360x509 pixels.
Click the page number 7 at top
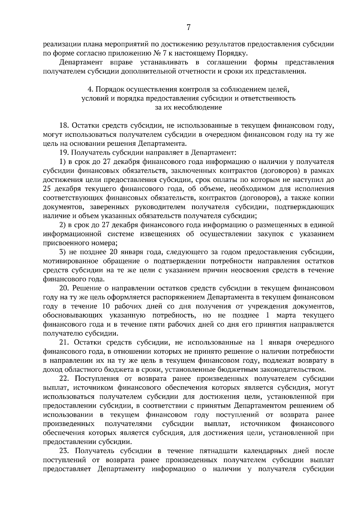(188, 28)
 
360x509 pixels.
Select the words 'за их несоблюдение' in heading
(188, 107)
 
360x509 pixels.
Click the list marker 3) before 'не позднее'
(63, 252)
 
